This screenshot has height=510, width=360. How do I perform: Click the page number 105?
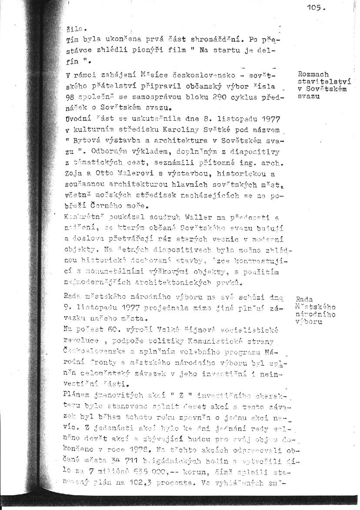point(316,7)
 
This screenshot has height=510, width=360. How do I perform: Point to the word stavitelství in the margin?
point(324,81)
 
